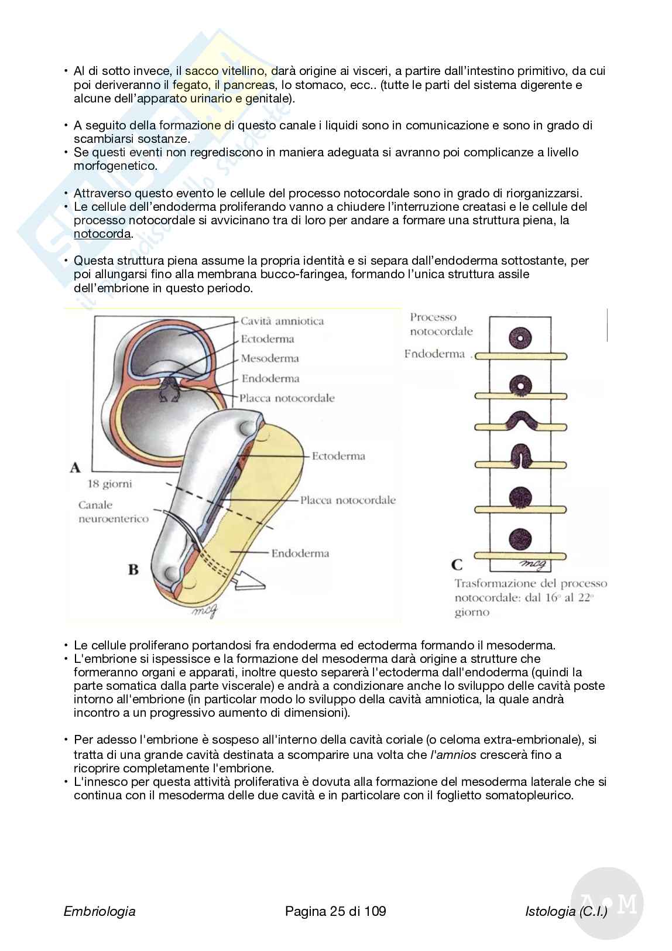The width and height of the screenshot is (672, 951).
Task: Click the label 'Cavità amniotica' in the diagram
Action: pyautogui.click(x=282, y=321)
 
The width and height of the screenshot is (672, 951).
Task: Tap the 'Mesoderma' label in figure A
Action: pyautogui.click(x=270, y=358)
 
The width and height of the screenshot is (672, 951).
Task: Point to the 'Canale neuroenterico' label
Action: pyautogui.click(x=114, y=512)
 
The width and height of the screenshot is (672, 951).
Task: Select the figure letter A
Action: pyautogui.click(x=75, y=467)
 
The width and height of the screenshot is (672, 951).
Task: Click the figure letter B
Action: pyautogui.click(x=133, y=569)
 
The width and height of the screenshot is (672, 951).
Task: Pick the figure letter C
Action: pyautogui.click(x=457, y=565)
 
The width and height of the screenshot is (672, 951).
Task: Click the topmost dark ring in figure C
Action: pyautogui.click(x=519, y=337)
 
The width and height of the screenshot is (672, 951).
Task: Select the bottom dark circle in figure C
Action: pyautogui.click(x=519, y=539)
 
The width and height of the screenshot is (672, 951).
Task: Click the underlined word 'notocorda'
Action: pyautogui.click(x=102, y=234)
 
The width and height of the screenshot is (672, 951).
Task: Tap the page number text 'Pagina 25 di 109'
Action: pyautogui.click(x=335, y=911)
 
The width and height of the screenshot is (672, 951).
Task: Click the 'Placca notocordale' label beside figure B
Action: pyautogui.click(x=348, y=500)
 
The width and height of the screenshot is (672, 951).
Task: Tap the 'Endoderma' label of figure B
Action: pyautogui.click(x=300, y=553)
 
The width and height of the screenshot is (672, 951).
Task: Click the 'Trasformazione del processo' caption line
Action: pyautogui.click(x=530, y=583)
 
